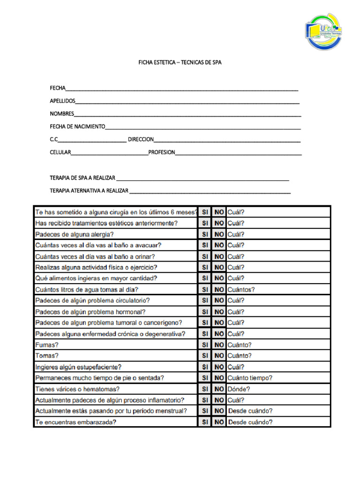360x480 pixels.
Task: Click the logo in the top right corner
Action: point(323,31)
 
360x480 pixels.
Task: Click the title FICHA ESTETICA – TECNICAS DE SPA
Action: point(180,62)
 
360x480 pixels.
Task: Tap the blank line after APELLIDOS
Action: point(187,101)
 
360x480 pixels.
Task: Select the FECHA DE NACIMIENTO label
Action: point(77,127)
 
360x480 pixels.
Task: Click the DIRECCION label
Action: point(141,139)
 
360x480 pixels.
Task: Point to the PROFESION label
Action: point(162,152)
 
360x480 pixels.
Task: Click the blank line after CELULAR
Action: point(109,153)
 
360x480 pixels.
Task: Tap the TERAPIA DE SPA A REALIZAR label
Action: point(82,178)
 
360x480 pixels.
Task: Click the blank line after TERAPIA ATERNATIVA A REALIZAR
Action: point(210,191)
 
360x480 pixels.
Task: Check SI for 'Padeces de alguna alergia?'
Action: point(205,234)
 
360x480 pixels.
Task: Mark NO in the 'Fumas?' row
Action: point(219,345)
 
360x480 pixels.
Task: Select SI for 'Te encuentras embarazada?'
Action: point(205,422)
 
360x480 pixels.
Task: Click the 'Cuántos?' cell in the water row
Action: point(241,290)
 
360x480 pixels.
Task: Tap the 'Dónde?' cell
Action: point(239,389)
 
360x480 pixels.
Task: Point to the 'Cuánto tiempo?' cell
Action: point(249,378)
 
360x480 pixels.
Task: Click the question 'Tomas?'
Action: point(47,356)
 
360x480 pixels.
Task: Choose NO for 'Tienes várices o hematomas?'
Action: point(219,389)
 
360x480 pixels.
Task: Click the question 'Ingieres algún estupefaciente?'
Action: point(78,367)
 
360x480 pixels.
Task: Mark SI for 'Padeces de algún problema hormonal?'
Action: point(205,312)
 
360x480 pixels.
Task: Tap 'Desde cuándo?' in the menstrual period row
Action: point(250,411)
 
